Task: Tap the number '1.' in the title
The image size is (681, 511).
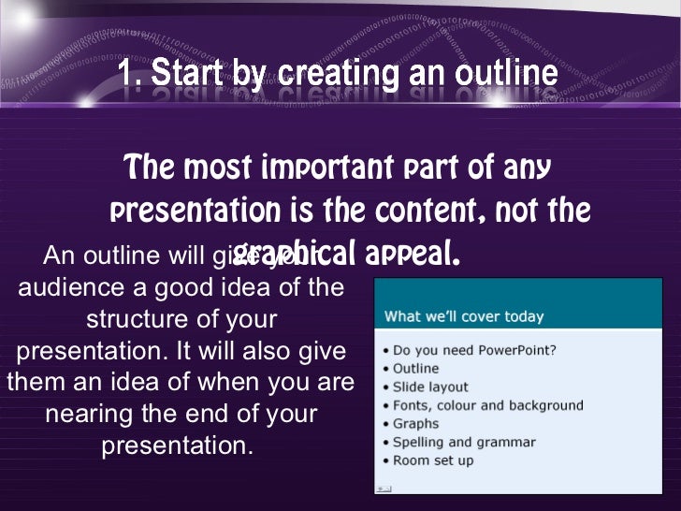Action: point(130,73)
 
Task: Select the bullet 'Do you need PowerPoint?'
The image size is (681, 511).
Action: point(474,350)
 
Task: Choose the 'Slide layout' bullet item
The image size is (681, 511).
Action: point(430,387)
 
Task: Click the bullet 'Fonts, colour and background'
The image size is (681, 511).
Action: point(487,405)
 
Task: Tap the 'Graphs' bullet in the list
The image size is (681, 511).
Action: point(415,423)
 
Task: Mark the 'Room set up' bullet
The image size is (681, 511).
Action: point(433,460)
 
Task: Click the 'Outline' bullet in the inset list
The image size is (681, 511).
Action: point(415,369)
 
